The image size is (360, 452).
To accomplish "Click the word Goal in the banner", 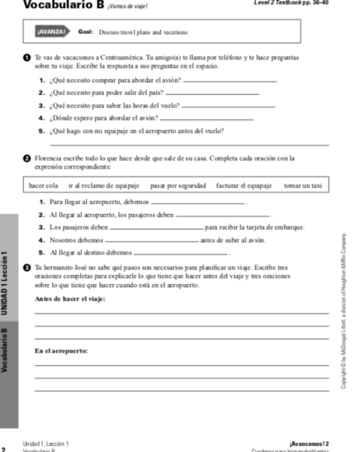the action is pyautogui.click(x=85, y=32).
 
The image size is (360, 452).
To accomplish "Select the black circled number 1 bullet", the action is pyautogui.click(x=27, y=57).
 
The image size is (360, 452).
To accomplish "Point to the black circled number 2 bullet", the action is pyautogui.click(x=27, y=158).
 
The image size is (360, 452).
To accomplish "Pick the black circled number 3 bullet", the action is pyautogui.click(x=27, y=267).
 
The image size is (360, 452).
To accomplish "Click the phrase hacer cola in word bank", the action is pyautogui.click(x=44, y=185).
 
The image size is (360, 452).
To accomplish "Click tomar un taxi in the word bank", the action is pyautogui.click(x=303, y=185).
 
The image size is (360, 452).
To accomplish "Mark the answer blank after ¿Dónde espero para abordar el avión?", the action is pyautogui.click(x=200, y=120).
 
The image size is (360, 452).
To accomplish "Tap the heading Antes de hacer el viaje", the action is pyautogui.click(x=70, y=299).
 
